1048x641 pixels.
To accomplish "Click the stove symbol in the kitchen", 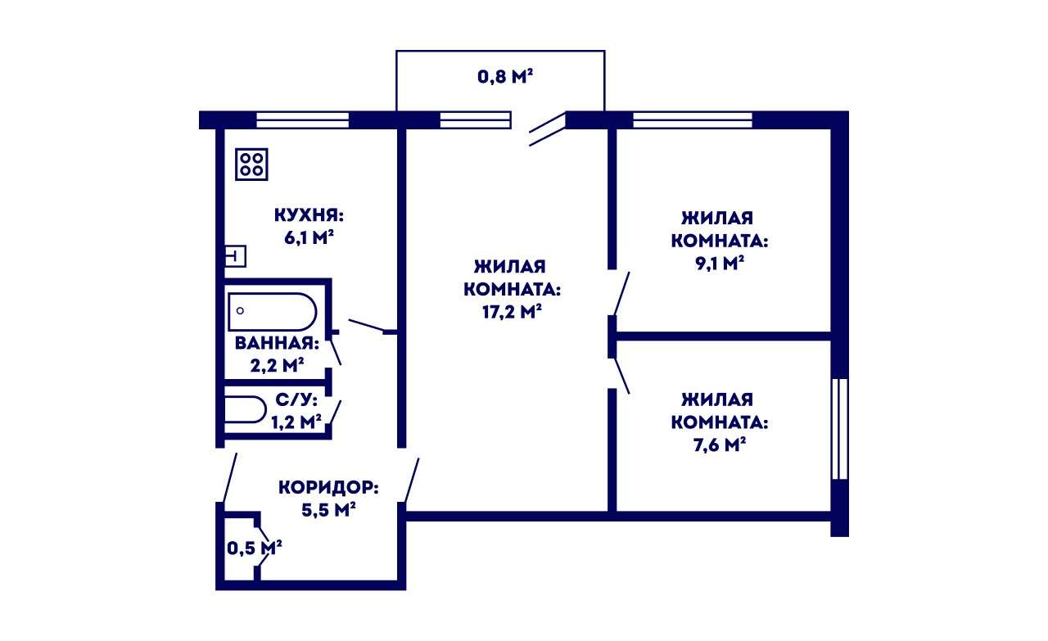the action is pyautogui.click(x=251, y=165).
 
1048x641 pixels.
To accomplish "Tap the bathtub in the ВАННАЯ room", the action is pyautogui.click(x=273, y=312).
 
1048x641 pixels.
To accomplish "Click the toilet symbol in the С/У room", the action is pyautogui.click(x=245, y=410).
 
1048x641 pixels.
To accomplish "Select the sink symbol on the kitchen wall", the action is pyautogui.click(x=235, y=256).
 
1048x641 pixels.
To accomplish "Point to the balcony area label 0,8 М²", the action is pyautogui.click(x=505, y=76).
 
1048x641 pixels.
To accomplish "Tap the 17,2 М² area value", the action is pyautogui.click(x=512, y=311).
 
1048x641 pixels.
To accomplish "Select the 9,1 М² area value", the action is pyautogui.click(x=720, y=264).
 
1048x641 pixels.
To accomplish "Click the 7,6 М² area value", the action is pyautogui.click(x=720, y=445).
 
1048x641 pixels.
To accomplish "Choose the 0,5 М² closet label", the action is pyautogui.click(x=254, y=548).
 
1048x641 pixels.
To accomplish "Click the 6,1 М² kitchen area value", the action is pyautogui.click(x=309, y=237).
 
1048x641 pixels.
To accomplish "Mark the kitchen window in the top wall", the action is pyautogui.click(x=303, y=120).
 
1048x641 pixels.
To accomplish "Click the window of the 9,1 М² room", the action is pyautogui.click(x=693, y=120).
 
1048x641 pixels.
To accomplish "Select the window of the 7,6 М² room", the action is pyautogui.click(x=840, y=429).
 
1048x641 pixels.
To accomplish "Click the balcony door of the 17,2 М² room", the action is pyautogui.click(x=548, y=129).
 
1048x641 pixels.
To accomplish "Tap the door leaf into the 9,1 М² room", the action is pyautogui.click(x=621, y=293).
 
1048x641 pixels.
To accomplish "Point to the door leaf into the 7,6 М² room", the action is pyautogui.click(x=621, y=376).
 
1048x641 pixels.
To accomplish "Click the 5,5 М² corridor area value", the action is pyautogui.click(x=328, y=509).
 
